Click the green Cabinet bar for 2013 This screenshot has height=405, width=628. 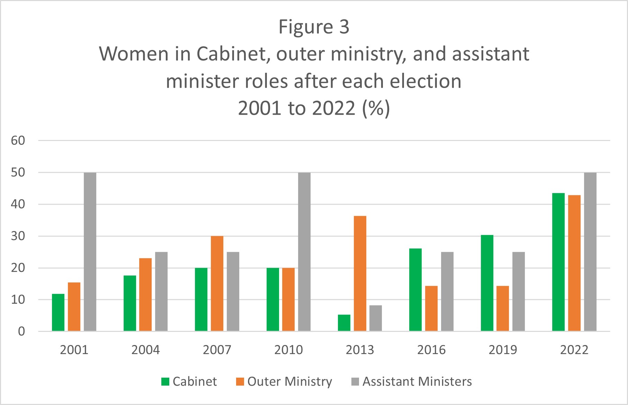[344, 323]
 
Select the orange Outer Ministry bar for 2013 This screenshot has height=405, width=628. [360, 273]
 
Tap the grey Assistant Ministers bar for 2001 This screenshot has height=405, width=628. [90, 252]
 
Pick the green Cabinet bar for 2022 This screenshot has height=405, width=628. [558, 262]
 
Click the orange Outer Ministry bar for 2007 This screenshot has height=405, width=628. [217, 283]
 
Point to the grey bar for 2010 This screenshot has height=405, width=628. [304, 252]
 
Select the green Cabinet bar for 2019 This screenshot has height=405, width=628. [487, 283]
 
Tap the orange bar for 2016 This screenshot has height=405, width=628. [431, 308]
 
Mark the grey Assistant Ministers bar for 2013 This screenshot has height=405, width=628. [376, 318]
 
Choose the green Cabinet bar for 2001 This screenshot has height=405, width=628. [58, 312]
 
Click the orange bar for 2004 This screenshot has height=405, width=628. [145, 294]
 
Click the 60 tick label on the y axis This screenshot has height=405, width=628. [18, 141]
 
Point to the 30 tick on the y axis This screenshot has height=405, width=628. [18, 236]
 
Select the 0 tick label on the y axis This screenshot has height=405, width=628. [21, 332]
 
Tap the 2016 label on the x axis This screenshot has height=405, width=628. [431, 350]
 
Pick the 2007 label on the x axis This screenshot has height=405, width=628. [217, 350]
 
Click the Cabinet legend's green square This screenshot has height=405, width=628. [165, 382]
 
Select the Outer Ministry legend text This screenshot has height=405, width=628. [289, 381]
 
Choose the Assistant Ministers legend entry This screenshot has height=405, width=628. [417, 381]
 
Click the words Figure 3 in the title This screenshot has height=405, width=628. [314, 27]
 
